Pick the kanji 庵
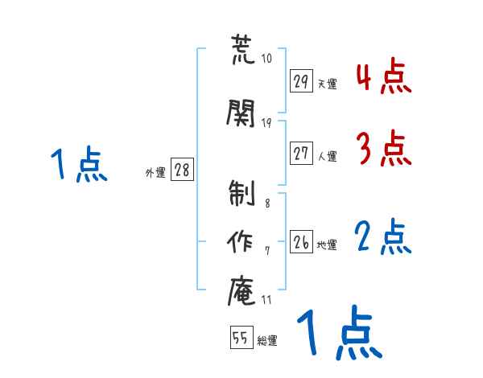click(x=242, y=290)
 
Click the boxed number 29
click(x=302, y=81)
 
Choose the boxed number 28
click(x=182, y=171)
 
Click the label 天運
click(x=327, y=84)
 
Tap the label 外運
click(x=155, y=172)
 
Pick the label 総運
click(x=267, y=341)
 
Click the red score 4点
click(x=383, y=77)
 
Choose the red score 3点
click(x=383, y=150)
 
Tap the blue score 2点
click(x=383, y=238)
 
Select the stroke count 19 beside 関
click(x=266, y=122)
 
